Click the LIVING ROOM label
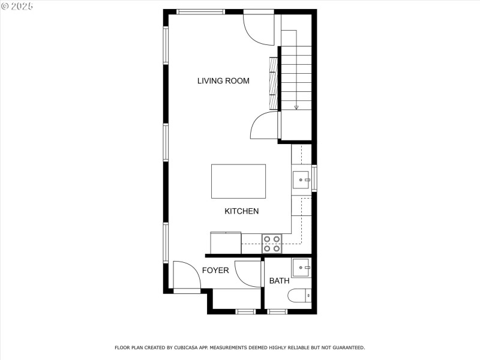pos(223,81)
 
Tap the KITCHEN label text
pos(241,211)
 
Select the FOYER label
pos(215,271)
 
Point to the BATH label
pos(279,281)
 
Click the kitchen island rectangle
pos(238,181)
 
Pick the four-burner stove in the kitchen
pos(271,243)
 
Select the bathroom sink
pos(301,267)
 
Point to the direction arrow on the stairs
pos(296,106)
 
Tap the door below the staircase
pos(265,125)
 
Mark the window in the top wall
pos(200,11)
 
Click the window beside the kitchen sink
pos(314,179)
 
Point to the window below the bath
pos(277,311)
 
